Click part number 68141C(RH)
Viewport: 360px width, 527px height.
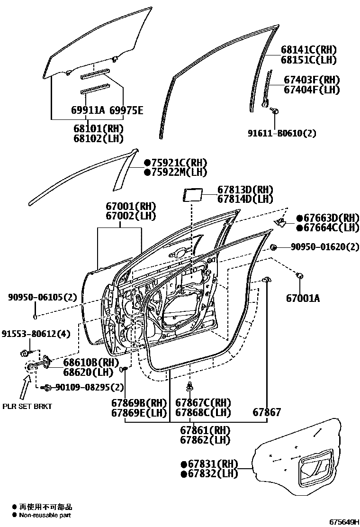pos(308,50)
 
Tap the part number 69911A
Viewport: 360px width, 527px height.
pos(88,111)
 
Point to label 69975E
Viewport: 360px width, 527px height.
pos(126,111)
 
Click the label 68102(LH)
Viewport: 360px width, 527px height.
pos(98,138)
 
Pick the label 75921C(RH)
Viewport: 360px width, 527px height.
pos(179,163)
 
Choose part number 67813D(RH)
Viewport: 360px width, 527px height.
pos(245,189)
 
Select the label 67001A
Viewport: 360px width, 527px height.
pos(303,298)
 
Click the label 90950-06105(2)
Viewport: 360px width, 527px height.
pos(42,297)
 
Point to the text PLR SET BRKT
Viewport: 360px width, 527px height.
pos(27,406)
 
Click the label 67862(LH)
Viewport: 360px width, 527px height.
pos(205,440)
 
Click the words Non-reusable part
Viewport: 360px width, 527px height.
pos(45,515)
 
